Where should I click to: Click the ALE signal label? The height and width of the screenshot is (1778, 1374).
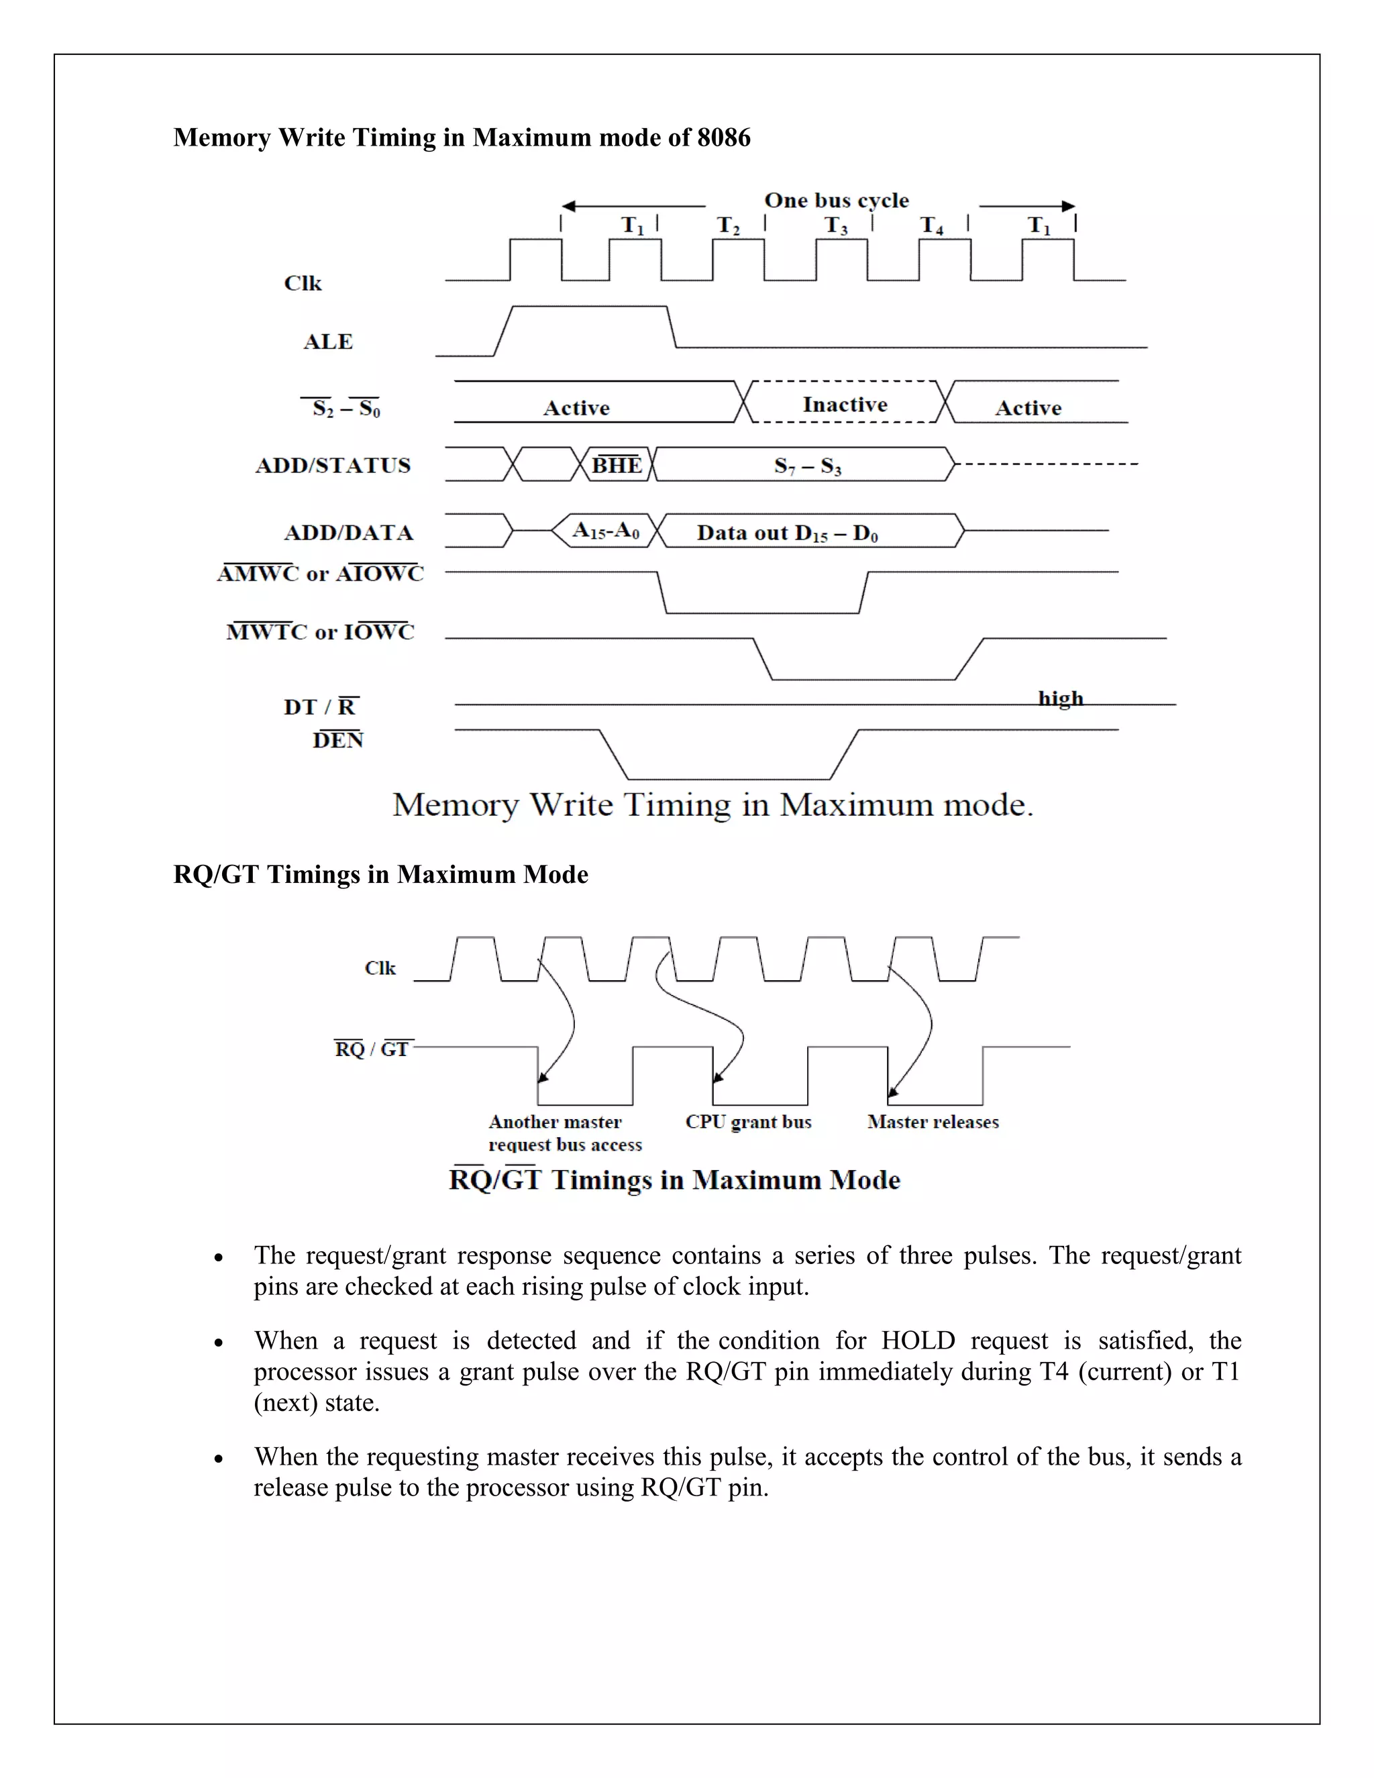(x=328, y=342)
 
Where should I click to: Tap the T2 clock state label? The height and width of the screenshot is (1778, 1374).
(x=729, y=225)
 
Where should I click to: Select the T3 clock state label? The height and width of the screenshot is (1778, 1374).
(x=836, y=225)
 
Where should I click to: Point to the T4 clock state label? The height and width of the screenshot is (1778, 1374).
(x=932, y=225)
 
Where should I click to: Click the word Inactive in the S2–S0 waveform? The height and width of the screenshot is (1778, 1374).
(x=845, y=405)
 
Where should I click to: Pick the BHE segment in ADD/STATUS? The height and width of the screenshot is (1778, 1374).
(x=616, y=465)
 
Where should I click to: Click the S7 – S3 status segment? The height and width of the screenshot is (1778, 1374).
(x=808, y=466)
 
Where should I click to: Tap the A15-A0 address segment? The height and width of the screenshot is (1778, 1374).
(x=606, y=531)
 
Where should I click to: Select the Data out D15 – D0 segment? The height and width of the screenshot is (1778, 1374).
(x=787, y=533)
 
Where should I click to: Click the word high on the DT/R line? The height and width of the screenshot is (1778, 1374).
(x=1061, y=698)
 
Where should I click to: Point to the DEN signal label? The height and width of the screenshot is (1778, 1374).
(x=338, y=739)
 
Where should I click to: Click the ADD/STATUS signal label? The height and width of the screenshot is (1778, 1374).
(x=333, y=466)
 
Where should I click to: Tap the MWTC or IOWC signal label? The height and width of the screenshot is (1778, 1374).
(x=320, y=632)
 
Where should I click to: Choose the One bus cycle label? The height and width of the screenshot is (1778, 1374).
(x=836, y=200)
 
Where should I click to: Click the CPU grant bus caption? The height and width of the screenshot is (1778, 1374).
(x=748, y=1122)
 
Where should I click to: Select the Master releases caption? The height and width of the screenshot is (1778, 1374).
(x=933, y=1122)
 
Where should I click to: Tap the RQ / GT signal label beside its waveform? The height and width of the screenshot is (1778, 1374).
(x=371, y=1049)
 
